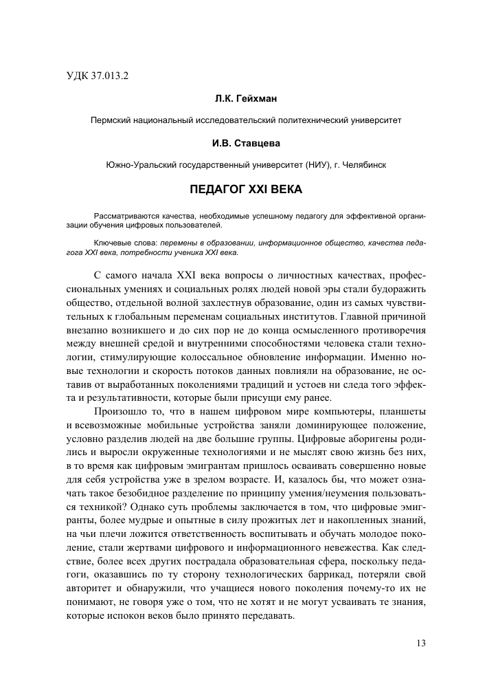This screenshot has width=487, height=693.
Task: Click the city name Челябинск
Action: tap(363, 165)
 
